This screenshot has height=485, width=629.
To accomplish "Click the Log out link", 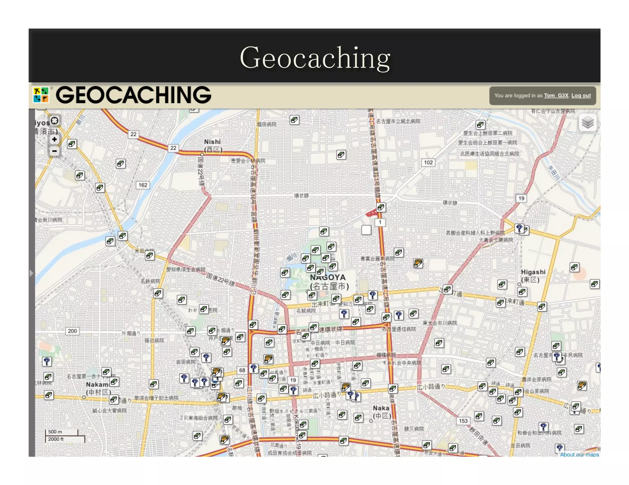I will coord(581,96).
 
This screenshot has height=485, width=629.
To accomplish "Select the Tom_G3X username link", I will coord(556,96).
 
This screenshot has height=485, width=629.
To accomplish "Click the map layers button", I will coord(588,123).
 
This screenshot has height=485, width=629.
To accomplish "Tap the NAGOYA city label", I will coord(328,277).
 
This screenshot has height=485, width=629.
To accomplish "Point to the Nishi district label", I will coord(212,142).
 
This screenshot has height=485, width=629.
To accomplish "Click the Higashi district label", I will coord(533,272).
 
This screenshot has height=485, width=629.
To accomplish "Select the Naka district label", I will coord(381,408).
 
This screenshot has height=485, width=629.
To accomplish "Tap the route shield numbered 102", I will coord(428,162).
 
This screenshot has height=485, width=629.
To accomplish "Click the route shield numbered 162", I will coord(143,185).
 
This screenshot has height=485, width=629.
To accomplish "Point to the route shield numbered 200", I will coord(72,331).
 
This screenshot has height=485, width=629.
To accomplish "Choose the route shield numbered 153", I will coord(463,421).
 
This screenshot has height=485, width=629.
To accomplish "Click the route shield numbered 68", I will coord(242,370).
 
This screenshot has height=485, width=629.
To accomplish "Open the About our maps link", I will coord(579,455).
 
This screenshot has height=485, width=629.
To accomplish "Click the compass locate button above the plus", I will coord(55,121).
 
